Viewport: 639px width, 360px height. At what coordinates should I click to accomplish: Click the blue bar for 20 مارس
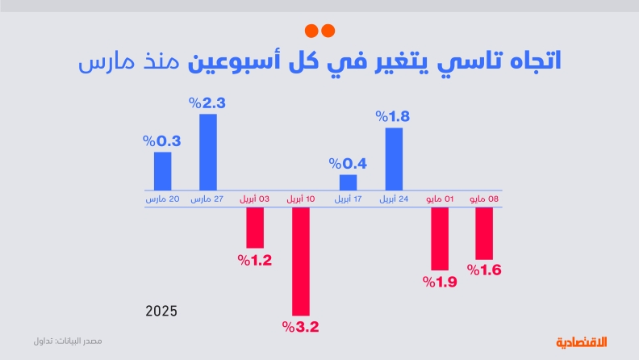pyautogui.click(x=162, y=170)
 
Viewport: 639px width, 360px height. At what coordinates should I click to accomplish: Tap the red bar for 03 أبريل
pyautogui.click(x=255, y=228)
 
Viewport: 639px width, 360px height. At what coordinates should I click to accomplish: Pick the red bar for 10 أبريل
pyautogui.click(x=301, y=261)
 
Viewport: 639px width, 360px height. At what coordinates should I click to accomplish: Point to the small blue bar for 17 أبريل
pyautogui.click(x=348, y=182)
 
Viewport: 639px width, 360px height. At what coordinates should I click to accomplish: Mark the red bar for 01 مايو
pyautogui.click(x=440, y=238)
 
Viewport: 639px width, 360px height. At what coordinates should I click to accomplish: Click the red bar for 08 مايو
pyautogui.click(x=484, y=233)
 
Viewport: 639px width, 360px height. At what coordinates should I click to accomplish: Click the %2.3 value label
pyautogui.click(x=207, y=103)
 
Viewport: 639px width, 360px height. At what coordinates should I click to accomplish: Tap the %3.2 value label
pyautogui.click(x=301, y=327)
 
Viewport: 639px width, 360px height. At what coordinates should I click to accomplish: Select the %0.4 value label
pyautogui.click(x=348, y=164)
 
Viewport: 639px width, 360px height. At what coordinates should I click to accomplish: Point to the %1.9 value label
pyautogui.click(x=440, y=282)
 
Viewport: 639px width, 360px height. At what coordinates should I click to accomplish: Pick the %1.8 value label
pyautogui.click(x=393, y=116)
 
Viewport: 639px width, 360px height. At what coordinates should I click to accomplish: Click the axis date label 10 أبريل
pyautogui.click(x=301, y=199)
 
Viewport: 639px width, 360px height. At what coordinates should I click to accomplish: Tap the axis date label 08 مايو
pyautogui.click(x=484, y=199)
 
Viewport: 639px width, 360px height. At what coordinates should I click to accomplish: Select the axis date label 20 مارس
pyautogui.click(x=162, y=199)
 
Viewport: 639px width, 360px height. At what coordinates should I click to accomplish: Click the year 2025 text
pyautogui.click(x=161, y=311)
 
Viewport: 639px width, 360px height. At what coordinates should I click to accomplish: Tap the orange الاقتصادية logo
pyautogui.click(x=587, y=341)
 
